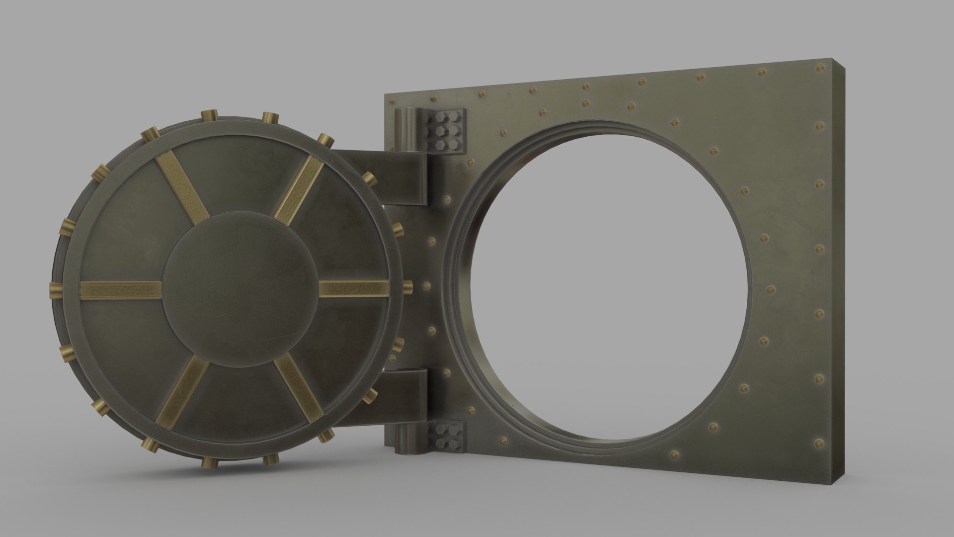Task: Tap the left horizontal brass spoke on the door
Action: [121, 290]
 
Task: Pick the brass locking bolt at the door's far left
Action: [56, 290]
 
